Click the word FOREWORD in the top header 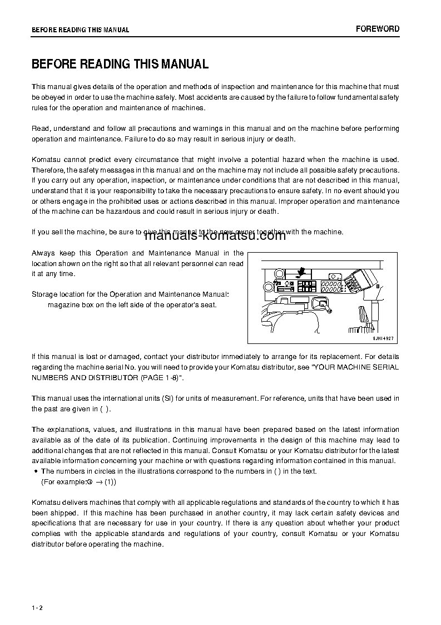[378, 29]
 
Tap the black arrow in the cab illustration [301, 271]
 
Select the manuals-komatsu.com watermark [215, 235]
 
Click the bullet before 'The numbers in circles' [35, 471]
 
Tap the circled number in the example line [88, 482]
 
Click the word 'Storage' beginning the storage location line [44, 294]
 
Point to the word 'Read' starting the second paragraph [41, 129]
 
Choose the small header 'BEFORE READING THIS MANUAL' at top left [80, 30]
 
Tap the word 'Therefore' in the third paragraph [49, 170]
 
